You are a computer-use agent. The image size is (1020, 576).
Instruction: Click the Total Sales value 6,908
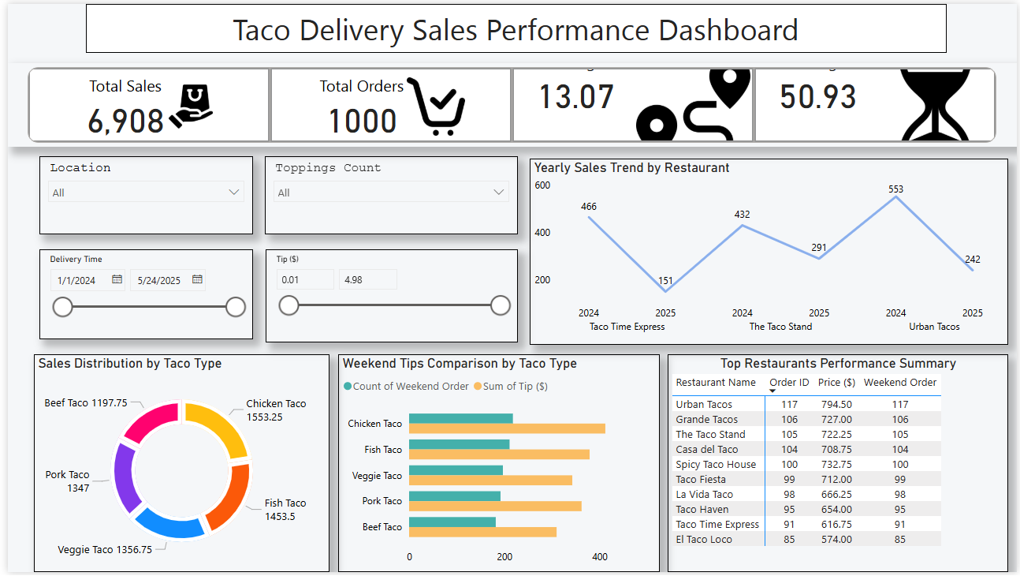tap(125, 121)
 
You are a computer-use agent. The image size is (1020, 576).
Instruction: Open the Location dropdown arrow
tap(233, 192)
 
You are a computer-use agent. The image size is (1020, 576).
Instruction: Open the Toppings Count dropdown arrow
tap(498, 192)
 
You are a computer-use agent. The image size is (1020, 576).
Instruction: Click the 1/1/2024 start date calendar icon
tap(117, 279)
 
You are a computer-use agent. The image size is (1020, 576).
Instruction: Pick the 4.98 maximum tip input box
tap(367, 279)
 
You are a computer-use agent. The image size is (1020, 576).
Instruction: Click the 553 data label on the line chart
tap(895, 189)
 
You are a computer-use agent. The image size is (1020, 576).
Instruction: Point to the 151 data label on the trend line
tap(665, 281)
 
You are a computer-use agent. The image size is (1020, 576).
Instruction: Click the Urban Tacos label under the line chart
tap(934, 327)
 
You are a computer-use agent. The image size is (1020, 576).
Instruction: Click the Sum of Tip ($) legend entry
tap(510, 387)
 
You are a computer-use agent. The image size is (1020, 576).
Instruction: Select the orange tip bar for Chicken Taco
tap(507, 428)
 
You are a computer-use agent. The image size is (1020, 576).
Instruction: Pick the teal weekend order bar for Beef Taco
tap(452, 522)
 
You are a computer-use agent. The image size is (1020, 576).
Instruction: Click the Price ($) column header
tap(836, 383)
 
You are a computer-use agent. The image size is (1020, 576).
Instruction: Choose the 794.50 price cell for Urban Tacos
tap(836, 405)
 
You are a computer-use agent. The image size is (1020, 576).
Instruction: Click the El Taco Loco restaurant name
tap(704, 540)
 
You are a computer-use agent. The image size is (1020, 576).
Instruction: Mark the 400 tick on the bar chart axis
tap(600, 557)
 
